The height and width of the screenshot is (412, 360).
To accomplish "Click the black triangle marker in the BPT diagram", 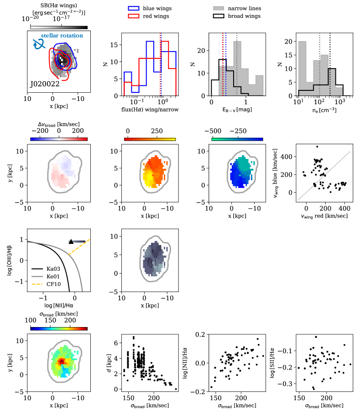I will [71, 241].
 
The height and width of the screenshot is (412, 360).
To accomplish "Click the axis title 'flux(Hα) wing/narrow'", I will [150, 110].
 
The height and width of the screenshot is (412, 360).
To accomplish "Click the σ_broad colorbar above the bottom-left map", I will [58, 327].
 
